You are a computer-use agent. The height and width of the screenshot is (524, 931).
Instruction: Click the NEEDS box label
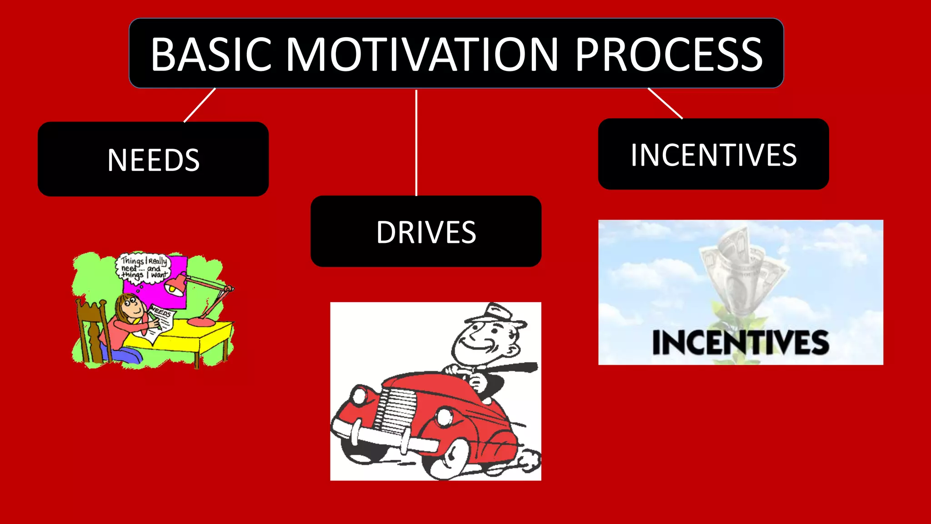154,160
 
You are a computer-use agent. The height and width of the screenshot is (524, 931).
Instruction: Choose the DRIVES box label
426,232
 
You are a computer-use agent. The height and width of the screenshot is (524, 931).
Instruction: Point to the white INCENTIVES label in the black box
713,155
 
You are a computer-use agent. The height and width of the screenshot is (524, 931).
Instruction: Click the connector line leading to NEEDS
200,105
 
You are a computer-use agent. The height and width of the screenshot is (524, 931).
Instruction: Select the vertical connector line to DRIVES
416,143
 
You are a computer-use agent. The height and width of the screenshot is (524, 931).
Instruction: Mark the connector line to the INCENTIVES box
665,103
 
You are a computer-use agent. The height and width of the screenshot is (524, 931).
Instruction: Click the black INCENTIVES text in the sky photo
741,343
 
